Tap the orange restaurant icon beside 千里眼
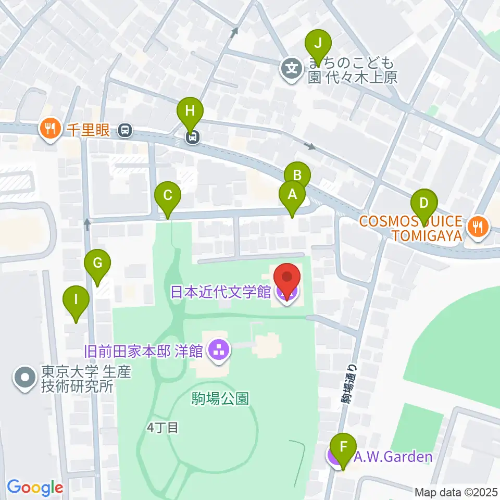50,129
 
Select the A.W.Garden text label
393,457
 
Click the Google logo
35,488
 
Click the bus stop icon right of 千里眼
125,130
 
